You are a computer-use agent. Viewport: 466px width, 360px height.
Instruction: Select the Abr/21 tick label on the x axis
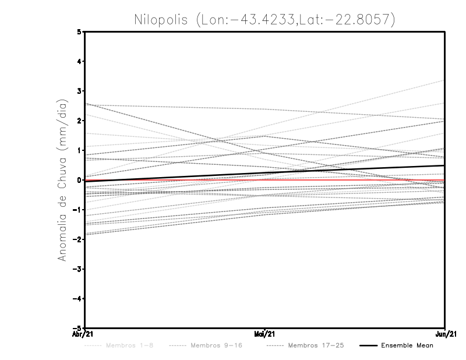[x=85, y=334]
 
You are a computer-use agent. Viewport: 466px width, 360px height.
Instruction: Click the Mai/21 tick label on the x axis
[x=265, y=334]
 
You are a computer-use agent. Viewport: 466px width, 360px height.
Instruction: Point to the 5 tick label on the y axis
[x=79, y=31]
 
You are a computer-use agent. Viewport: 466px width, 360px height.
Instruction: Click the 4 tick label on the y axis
[x=79, y=61]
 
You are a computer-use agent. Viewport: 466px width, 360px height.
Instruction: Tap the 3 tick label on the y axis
[x=79, y=91]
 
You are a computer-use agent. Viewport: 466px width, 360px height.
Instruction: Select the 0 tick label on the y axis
[x=79, y=180]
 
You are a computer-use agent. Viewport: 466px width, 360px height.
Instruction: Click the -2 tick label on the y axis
[x=77, y=239]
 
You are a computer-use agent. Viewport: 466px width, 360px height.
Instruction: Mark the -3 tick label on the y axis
[x=77, y=269]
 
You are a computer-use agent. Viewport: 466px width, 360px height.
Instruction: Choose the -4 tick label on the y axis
[x=77, y=299]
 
